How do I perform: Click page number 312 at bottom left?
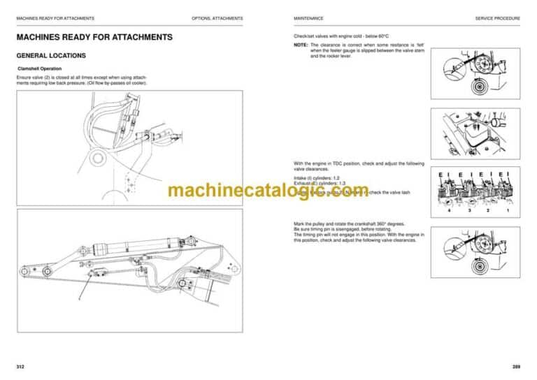click(21, 366)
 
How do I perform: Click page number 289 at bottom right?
click(515, 366)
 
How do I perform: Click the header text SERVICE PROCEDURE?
click(497, 18)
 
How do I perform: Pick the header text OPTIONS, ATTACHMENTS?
click(217, 18)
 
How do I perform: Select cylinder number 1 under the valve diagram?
click(508, 210)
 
